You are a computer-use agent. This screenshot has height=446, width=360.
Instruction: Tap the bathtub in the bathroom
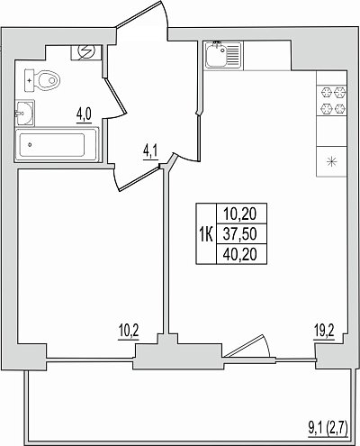57,145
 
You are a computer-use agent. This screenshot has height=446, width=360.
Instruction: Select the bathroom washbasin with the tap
24,113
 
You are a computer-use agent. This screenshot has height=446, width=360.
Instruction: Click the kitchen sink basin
216,55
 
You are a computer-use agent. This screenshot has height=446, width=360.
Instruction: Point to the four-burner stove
332,100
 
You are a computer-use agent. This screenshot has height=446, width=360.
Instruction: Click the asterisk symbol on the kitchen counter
332,162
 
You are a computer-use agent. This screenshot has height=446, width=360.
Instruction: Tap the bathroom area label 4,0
84,115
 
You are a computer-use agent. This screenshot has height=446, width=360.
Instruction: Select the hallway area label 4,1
151,152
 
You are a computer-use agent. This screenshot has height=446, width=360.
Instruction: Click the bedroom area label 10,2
129,332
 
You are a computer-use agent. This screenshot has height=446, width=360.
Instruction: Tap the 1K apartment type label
206,234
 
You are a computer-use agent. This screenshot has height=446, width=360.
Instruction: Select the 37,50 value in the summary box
240,234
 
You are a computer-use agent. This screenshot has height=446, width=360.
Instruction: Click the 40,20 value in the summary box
240,255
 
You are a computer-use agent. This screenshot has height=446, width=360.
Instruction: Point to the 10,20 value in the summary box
240,214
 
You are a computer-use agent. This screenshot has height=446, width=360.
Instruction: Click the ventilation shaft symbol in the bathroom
86,52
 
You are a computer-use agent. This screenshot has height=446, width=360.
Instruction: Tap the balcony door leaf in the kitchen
245,345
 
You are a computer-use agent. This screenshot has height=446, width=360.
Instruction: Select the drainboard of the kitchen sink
234,55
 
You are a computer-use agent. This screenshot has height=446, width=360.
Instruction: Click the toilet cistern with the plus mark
30,80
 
